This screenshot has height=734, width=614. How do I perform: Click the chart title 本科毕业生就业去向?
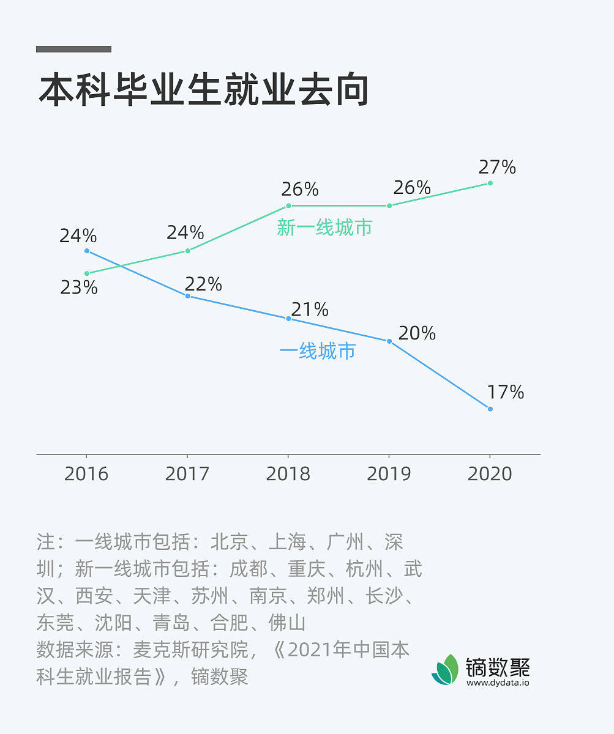point(203,91)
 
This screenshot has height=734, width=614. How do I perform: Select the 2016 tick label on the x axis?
point(86,473)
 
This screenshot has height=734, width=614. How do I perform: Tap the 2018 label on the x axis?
point(288,473)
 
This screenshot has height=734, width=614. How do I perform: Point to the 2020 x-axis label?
point(490,473)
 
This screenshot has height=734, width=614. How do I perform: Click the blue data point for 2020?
point(490,409)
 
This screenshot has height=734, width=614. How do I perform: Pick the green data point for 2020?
point(490,183)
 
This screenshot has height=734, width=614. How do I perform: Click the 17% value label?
point(506,392)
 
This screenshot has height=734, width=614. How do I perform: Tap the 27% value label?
point(497,167)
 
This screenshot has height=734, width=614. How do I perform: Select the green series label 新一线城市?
point(324,228)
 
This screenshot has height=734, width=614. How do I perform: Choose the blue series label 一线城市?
point(317,351)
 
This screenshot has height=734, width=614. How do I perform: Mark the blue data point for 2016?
point(87,251)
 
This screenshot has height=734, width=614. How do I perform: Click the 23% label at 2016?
point(79,287)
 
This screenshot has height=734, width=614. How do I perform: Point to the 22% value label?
point(203,284)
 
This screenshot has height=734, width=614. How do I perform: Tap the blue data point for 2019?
point(389,341)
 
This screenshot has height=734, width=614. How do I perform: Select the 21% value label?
point(310,310)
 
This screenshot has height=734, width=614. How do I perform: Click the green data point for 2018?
point(288,206)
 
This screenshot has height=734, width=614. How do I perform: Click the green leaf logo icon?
point(445,669)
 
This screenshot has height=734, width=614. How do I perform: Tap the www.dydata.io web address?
point(498,682)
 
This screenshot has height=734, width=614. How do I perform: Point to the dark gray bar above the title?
point(73,49)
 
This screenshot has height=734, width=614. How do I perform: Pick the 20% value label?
point(417,333)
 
